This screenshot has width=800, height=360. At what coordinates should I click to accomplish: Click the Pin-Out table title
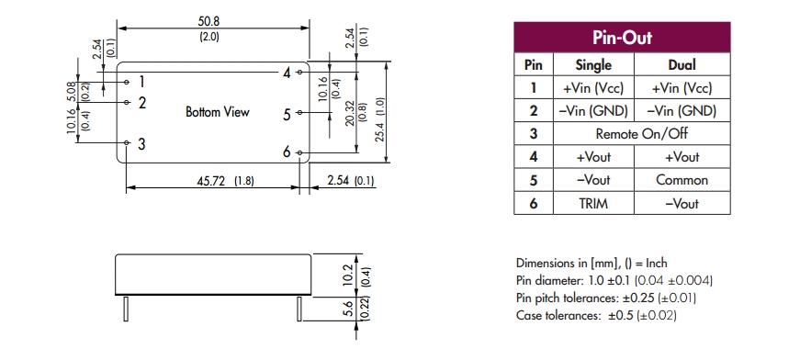622,38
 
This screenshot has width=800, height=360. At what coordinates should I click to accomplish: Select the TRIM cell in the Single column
593,204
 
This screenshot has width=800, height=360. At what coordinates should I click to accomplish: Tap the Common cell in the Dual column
682,180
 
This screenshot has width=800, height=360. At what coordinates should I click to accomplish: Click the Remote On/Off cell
641,133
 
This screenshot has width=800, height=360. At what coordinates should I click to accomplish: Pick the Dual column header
682,65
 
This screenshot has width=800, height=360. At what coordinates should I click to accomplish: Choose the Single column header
593,65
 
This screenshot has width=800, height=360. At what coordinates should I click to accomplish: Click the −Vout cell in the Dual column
682,204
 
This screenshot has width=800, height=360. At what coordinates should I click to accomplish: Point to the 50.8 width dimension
209,21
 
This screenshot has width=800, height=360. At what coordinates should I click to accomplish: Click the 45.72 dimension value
211,181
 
